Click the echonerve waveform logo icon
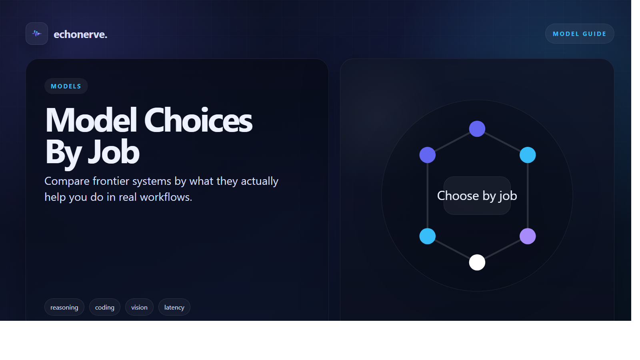point(36,34)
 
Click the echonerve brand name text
point(80,34)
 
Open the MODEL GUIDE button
point(580,34)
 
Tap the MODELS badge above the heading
point(66,86)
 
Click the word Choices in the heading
point(198,120)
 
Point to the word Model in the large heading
point(91,120)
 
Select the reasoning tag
point(64,307)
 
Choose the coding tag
point(104,307)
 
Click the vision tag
point(139,307)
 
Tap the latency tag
point(174,307)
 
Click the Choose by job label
point(477,196)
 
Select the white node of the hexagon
point(477,262)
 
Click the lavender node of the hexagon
point(528,236)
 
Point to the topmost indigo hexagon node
point(477,129)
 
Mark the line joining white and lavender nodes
point(502,250)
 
